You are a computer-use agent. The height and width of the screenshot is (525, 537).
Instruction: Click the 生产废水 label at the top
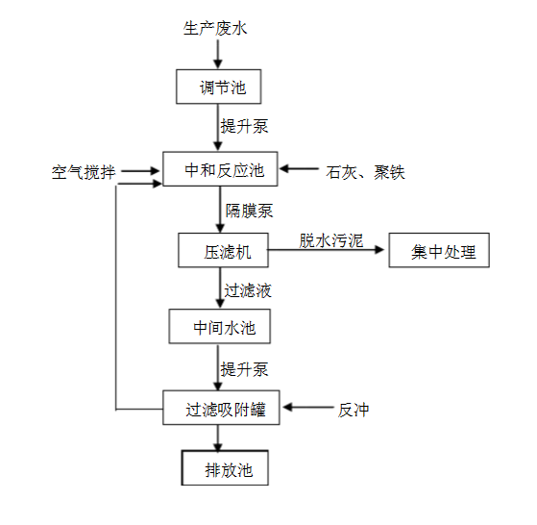(x=215, y=29)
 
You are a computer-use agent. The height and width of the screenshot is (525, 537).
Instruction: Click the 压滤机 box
(x=223, y=252)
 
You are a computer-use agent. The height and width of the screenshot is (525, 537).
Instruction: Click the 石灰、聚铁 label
(x=365, y=173)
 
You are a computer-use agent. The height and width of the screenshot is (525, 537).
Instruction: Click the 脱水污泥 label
(x=330, y=240)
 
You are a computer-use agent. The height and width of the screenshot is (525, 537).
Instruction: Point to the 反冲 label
(x=353, y=410)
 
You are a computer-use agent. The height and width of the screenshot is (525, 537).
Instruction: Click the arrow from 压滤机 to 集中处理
(x=327, y=253)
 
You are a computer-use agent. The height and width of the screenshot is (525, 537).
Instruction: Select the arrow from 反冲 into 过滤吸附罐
(x=308, y=409)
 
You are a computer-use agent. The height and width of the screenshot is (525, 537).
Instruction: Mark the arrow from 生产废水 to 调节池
(x=217, y=54)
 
